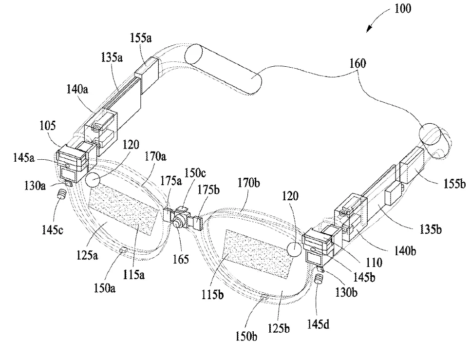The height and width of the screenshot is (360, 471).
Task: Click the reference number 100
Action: (402, 8)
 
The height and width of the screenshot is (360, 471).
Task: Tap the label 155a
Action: (141, 38)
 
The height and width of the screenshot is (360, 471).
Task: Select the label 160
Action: (358, 63)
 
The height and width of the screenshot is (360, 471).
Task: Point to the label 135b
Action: (431, 229)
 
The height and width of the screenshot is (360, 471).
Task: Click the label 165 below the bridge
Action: (181, 259)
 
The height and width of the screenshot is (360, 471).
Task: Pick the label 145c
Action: (53, 230)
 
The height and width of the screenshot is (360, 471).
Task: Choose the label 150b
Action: (246, 336)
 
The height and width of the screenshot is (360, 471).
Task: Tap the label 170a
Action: (155, 156)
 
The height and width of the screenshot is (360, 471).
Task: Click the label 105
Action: (48, 125)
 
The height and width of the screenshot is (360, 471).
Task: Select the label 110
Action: (374, 263)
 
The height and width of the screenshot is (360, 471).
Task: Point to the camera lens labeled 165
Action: (178, 222)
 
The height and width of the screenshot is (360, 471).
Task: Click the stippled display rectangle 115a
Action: (124, 211)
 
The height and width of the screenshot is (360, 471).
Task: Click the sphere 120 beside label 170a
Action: (93, 180)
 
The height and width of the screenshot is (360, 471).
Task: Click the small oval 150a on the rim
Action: (123, 250)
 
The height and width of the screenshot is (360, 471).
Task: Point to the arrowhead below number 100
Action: (369, 29)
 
